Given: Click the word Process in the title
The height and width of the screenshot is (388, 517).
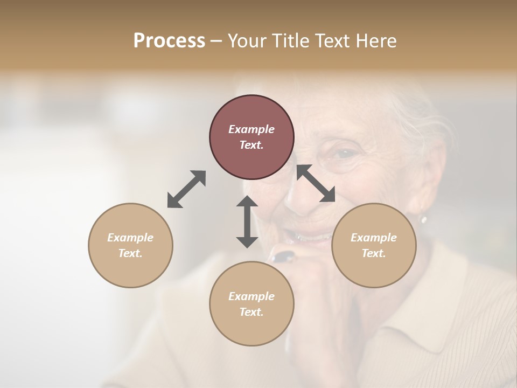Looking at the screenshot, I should pos(169,41).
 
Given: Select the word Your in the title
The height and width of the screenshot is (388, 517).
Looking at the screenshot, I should pos(248,41).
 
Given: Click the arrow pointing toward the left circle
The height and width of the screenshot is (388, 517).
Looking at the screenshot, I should pos(186,189).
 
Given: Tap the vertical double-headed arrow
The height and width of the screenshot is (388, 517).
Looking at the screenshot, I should pos(247,221).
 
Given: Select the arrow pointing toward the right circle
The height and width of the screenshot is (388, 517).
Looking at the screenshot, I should pos(316,183).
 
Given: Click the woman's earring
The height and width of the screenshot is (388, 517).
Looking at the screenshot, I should pos(423,219).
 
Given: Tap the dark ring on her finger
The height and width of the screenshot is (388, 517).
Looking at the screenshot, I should pos(283,257).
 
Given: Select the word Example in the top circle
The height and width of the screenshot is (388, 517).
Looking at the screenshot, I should pos(251,129).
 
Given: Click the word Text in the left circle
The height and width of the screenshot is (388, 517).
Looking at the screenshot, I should pos(130,253).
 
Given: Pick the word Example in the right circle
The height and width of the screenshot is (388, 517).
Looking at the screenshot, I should pos(374,238).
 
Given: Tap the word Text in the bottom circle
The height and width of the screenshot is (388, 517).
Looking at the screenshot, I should pos(251,312).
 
